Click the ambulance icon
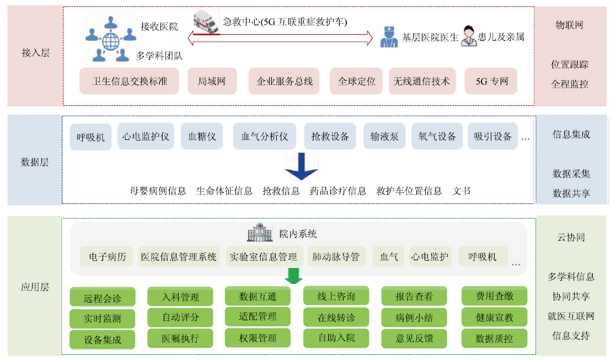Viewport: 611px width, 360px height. coord(206,23)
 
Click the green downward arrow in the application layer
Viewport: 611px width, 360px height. coord(294,276)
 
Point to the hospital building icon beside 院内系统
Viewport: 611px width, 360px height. coord(260,233)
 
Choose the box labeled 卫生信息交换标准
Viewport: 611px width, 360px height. coord(130,81)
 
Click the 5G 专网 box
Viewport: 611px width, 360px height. coord(491,81)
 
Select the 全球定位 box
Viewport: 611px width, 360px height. coord(356,81)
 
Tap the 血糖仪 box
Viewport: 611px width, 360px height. coord(201,136)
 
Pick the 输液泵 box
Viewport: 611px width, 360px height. coord(384,136)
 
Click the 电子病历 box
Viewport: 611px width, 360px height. coord(107,257)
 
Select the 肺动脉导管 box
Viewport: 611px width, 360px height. coord(335,257)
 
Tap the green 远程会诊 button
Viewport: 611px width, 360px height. coord(103,299)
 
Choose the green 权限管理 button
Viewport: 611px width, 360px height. coord(258,337)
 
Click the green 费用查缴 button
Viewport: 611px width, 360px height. coord(494,297)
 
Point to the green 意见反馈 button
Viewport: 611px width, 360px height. coord(414,338)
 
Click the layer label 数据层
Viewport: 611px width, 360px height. coord(35,162)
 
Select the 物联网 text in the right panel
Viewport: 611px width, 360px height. coord(570,25)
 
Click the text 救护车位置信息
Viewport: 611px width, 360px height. coord(409,191)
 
